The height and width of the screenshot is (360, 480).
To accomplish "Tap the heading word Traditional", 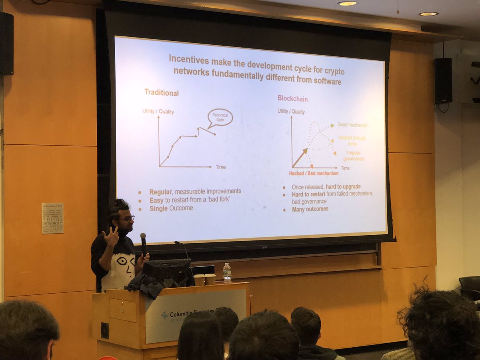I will pyautogui.click(x=161, y=93).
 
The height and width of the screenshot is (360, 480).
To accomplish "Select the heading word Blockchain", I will pyautogui.click(x=292, y=98).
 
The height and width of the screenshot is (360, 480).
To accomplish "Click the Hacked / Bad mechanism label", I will pyautogui.click(x=314, y=173).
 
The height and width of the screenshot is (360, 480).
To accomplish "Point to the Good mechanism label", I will pyautogui.click(x=352, y=125).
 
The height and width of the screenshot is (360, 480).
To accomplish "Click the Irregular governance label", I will pyautogui.click(x=352, y=156).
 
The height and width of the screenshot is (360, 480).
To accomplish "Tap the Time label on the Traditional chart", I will pyautogui.click(x=220, y=166).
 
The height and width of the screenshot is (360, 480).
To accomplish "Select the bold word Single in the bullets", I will pyautogui.click(x=158, y=208).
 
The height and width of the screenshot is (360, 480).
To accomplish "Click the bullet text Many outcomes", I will pyautogui.click(x=310, y=209).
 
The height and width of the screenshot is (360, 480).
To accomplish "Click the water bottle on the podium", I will pyautogui.click(x=227, y=273).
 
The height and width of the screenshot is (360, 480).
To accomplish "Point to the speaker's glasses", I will pyautogui.click(x=127, y=218).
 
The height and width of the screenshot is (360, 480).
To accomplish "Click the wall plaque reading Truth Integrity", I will pyautogui.click(x=52, y=218).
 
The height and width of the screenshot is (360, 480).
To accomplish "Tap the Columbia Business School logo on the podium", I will pyautogui.click(x=165, y=315).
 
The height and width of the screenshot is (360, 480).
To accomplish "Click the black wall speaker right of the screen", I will pyautogui.click(x=443, y=81).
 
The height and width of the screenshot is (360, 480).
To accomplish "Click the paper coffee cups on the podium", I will pyautogui.click(x=204, y=279).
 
